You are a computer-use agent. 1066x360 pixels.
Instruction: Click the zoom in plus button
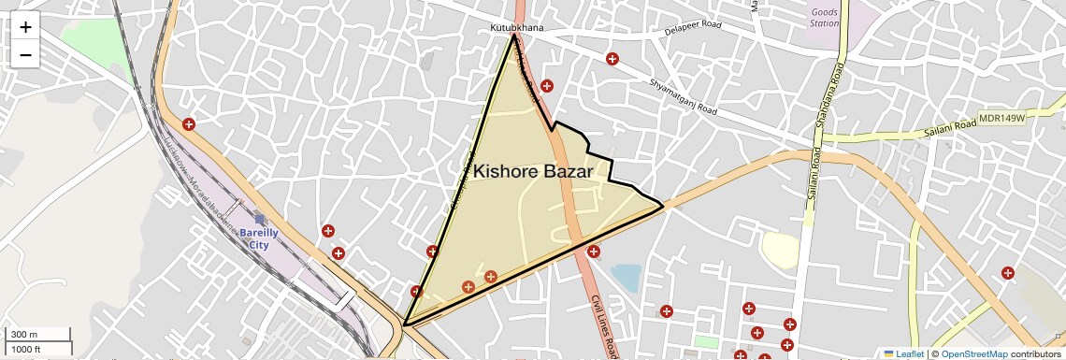coord(25,28)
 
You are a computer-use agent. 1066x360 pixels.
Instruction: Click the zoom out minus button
coord(25,54)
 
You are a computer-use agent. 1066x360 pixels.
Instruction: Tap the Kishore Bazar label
coord(532,172)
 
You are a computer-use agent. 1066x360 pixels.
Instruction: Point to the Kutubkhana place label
coord(516,28)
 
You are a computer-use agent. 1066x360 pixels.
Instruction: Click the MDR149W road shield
coord(1001,119)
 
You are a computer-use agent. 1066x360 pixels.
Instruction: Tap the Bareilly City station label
coord(252,238)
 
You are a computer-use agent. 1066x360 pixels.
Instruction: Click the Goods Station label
coord(824,17)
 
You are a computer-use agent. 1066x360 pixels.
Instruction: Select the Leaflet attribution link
coord(902,353)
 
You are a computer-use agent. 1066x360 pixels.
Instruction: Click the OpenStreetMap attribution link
coord(973,353)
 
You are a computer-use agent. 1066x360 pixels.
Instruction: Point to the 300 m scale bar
coord(36,335)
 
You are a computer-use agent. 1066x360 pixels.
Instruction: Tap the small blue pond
coord(626,276)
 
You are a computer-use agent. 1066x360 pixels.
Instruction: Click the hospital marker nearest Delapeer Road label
coord(612,59)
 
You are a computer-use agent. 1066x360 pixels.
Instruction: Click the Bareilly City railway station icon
coord(260,221)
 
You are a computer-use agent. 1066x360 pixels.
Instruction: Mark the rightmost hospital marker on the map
coord(1007,273)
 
